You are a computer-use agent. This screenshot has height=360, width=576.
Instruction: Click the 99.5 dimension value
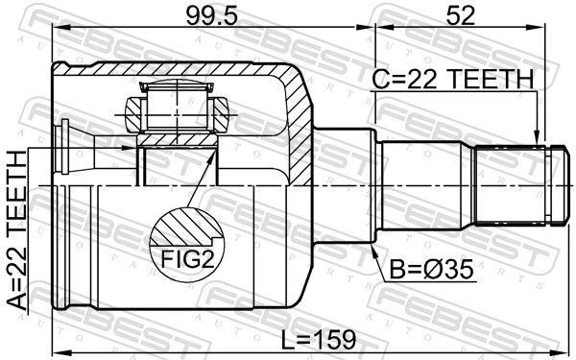(x=212, y=15)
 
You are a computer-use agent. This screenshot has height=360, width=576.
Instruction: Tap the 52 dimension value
(x=460, y=15)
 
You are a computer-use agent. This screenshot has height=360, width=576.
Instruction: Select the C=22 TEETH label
(x=452, y=79)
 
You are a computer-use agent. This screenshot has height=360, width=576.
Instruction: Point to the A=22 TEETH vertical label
(x=17, y=230)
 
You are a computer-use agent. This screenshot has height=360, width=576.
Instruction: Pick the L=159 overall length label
(x=319, y=340)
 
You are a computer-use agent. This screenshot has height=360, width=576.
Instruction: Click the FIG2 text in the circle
(x=187, y=260)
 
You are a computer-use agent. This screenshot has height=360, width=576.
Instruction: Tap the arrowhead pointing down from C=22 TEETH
(x=538, y=136)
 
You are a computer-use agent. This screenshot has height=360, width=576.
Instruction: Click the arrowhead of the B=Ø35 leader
(x=373, y=251)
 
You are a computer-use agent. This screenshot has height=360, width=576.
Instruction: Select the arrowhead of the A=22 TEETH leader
(x=129, y=148)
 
